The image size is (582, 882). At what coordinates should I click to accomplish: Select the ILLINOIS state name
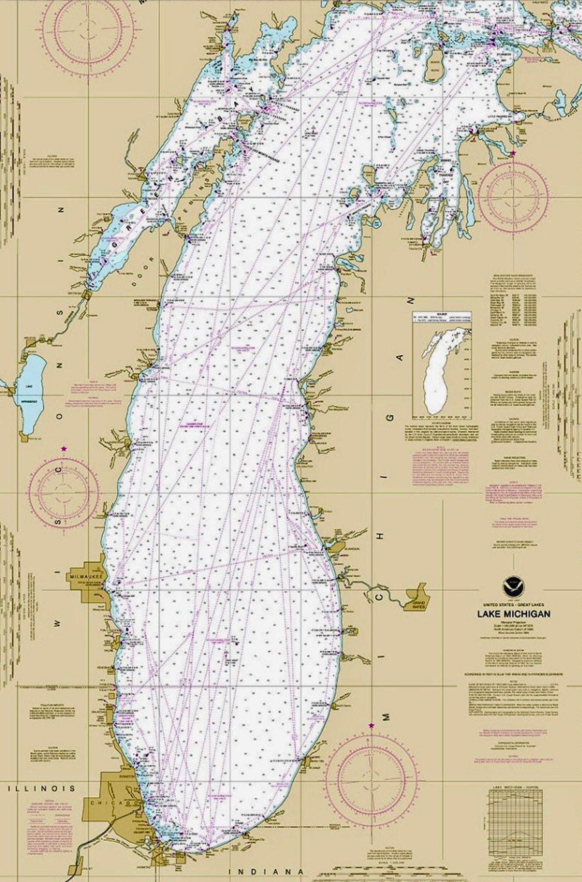coord(41,788)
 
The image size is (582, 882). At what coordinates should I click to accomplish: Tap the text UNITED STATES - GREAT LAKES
coord(514,603)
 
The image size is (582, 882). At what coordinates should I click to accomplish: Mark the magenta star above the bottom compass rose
coord(371,725)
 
